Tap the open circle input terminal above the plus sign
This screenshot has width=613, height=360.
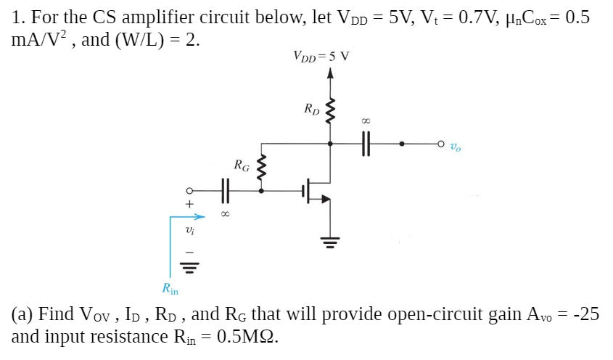tap(189, 192)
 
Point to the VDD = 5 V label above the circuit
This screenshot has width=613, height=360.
tap(321, 55)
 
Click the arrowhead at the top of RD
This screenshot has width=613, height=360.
tap(332, 73)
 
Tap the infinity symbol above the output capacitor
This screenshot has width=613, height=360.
tap(365, 123)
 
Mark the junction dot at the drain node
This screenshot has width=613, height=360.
tap(332, 144)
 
